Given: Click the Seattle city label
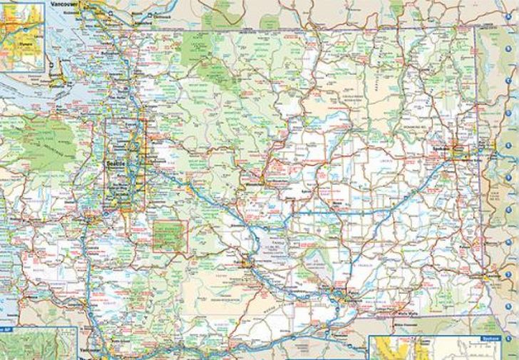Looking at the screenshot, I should click(114, 163).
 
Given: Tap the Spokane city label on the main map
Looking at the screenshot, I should click(441, 148).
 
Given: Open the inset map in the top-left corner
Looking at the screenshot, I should click(22, 34).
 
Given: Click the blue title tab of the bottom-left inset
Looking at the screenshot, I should click(6, 329).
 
